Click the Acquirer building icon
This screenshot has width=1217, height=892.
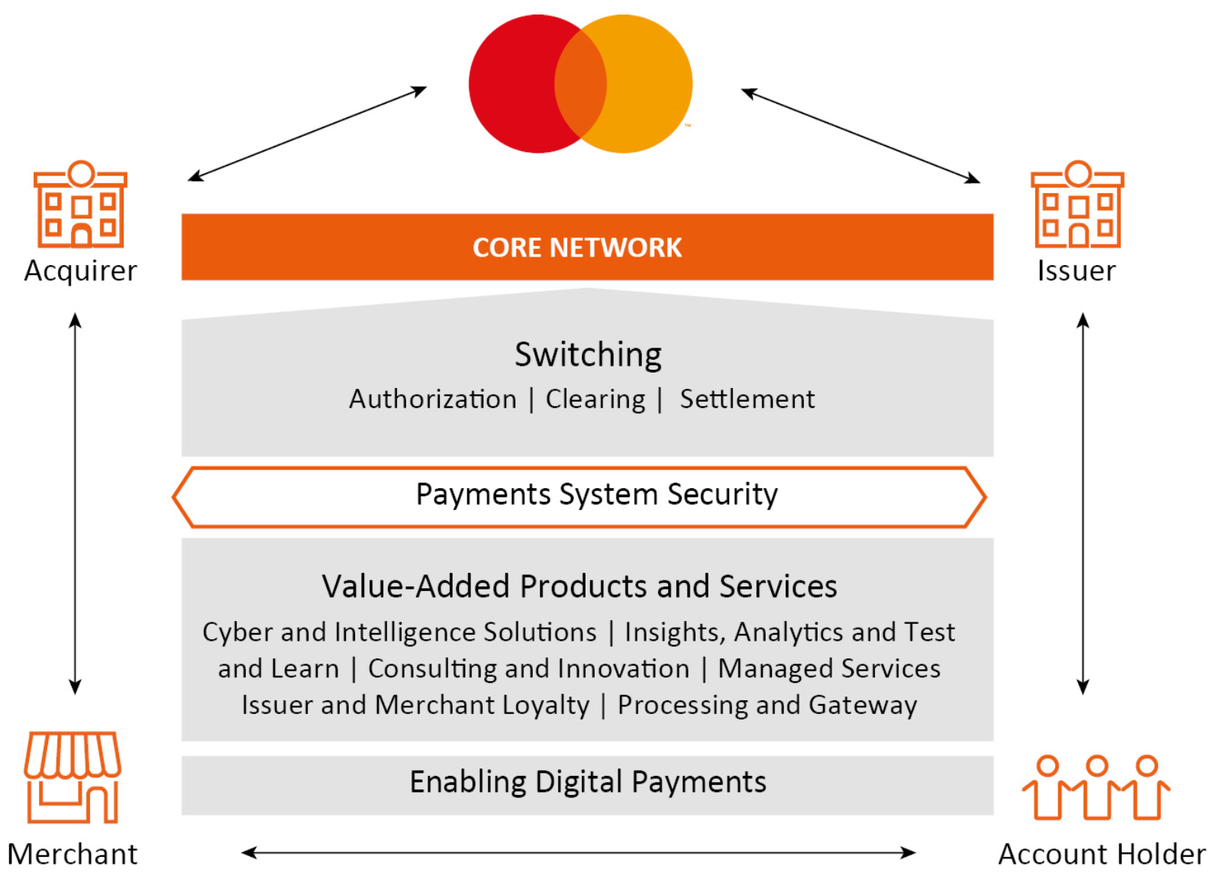click(80, 205)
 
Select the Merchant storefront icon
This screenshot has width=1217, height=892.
click(73, 777)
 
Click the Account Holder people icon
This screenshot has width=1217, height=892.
click(1096, 787)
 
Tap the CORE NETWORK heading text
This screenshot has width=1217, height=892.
click(577, 248)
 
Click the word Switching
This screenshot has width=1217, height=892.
click(588, 354)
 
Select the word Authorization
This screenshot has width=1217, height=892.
click(432, 399)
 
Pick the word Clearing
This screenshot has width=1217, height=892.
click(596, 400)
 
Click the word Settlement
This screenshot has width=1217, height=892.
click(747, 399)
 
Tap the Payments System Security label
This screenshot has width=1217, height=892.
click(596, 495)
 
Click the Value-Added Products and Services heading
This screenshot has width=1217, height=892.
click(579, 586)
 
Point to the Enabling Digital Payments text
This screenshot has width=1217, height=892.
click(588, 782)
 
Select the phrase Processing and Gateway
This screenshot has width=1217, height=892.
click(767, 705)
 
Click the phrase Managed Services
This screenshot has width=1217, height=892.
click(829, 668)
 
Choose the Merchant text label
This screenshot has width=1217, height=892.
click(73, 854)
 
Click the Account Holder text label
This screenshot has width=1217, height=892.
click(1102, 854)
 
